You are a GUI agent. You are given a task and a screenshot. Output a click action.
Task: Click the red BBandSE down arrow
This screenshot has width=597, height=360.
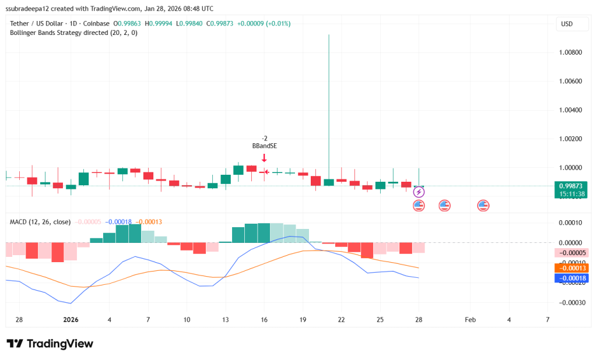coord(264,157)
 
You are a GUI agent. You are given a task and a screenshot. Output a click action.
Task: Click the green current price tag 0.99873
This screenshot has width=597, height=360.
coord(571,186)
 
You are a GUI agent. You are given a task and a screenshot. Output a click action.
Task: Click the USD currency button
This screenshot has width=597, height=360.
coord(566,24)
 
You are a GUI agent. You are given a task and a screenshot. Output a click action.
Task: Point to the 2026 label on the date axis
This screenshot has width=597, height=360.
coord(71,320)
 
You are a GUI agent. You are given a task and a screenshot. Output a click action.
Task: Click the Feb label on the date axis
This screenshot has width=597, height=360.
coord(470,320)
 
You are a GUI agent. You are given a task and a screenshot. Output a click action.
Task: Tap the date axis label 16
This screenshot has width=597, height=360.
coord(264,320)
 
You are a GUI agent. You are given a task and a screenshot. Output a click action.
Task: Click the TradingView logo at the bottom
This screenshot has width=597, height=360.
coord(50,344)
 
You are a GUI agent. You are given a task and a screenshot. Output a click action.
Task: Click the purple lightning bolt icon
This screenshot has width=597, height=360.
coord(419,192)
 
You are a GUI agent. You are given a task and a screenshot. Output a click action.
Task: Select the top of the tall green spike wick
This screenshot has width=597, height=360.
coord(329,35)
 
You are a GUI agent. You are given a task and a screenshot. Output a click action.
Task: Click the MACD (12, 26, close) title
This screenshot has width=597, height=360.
coord(40,222)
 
